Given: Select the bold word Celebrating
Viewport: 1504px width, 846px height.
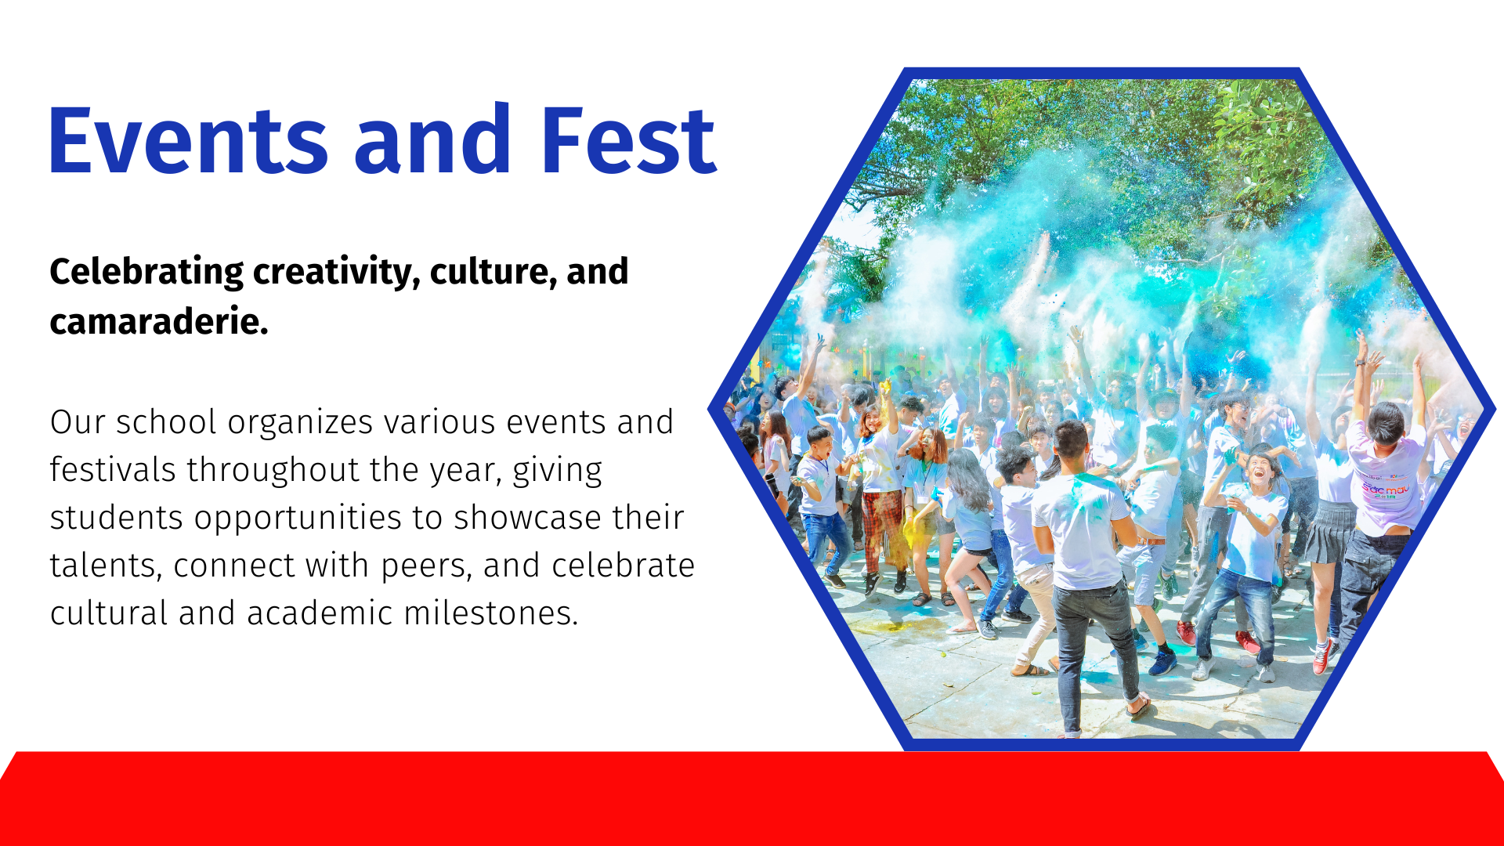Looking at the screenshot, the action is [x=146, y=273].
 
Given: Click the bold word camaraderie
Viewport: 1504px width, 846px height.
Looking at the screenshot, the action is [x=159, y=321].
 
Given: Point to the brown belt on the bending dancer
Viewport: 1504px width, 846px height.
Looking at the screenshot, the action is [x=1149, y=540].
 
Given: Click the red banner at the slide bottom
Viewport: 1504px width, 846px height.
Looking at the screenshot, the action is [x=752, y=799].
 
